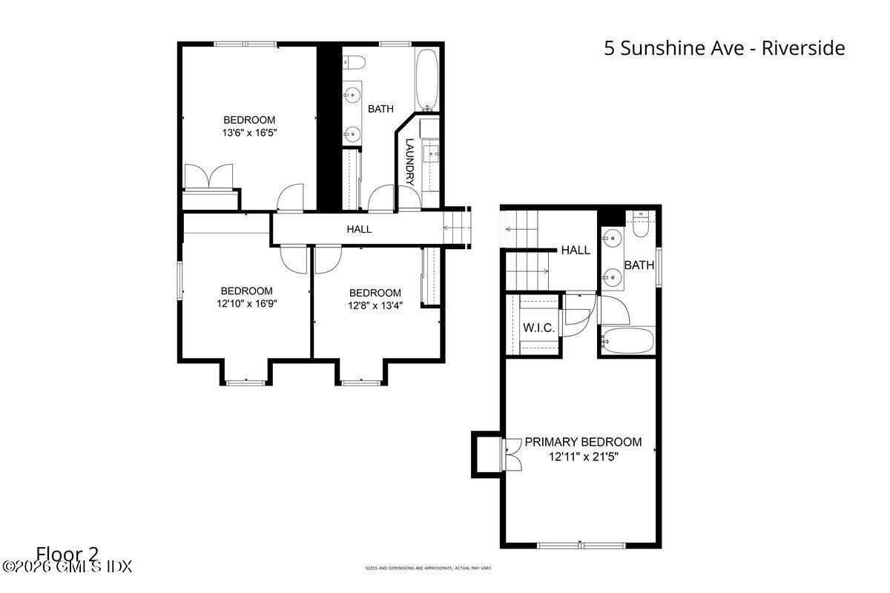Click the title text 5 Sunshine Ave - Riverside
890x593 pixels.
[724, 49]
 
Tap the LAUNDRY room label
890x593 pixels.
[409, 162]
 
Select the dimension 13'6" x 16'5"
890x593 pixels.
[249, 133]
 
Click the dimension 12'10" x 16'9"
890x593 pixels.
[246, 304]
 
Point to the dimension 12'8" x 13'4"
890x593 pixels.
[375, 306]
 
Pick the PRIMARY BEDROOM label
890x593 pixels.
[583, 443]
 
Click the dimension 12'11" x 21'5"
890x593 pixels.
[583, 457]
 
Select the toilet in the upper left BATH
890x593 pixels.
[354, 62]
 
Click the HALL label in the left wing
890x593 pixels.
[359, 230]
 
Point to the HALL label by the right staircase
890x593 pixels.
[576, 251]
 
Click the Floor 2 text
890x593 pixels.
[67, 554]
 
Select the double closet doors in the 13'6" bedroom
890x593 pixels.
[209, 177]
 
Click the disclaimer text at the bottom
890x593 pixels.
[428, 569]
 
